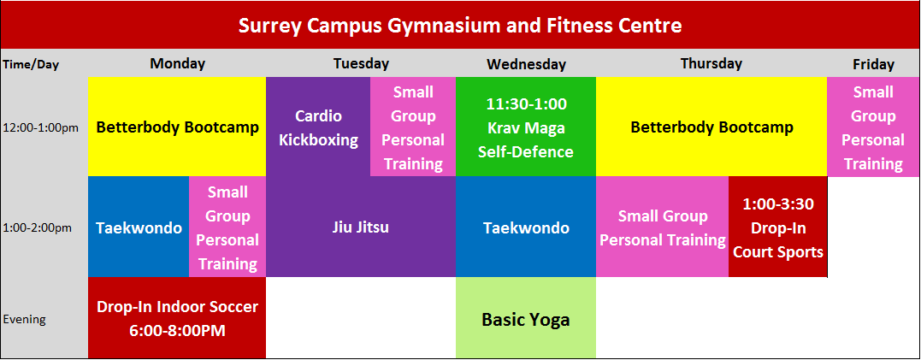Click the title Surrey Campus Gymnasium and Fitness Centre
click(460, 26)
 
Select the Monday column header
click(177, 63)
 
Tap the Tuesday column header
click(361, 63)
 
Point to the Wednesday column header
click(526, 64)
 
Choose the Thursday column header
click(711, 63)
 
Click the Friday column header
click(873, 64)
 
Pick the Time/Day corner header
click(31, 65)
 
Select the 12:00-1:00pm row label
click(40, 127)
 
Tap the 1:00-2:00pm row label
click(37, 227)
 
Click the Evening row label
click(25, 320)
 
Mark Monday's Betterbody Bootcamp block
click(177, 127)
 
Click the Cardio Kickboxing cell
click(318, 127)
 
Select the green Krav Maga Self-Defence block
click(526, 127)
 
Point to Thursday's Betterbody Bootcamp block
click(711, 127)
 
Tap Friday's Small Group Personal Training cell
click(873, 127)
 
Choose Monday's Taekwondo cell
click(139, 227)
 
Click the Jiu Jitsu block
click(361, 227)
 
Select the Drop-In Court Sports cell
click(777, 227)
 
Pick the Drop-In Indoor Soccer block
click(177, 318)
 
